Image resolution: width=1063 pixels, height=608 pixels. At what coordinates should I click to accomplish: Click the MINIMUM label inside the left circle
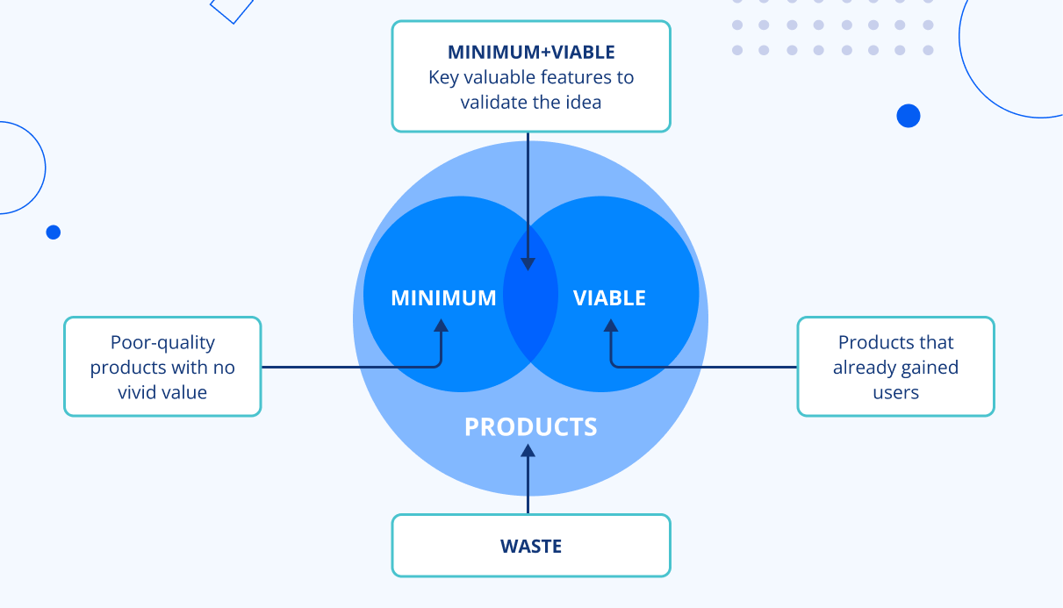[443, 298]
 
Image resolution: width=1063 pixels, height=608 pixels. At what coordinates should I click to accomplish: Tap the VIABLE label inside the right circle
[609, 298]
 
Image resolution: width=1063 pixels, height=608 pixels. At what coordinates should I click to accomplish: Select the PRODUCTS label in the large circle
[530, 427]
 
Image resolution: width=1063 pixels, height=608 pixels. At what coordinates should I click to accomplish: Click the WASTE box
[531, 546]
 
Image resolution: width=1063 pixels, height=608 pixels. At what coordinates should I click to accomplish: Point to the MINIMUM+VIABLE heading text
[531, 53]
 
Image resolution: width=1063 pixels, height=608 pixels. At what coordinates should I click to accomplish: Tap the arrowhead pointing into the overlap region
[528, 264]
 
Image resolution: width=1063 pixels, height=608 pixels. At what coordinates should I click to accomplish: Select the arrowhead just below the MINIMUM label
[441, 324]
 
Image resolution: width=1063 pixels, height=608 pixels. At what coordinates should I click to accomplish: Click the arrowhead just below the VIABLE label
[611, 324]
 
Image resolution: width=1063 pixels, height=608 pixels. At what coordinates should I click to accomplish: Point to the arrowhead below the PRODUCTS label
[528, 451]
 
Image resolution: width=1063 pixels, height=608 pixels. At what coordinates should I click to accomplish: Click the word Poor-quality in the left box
[162, 343]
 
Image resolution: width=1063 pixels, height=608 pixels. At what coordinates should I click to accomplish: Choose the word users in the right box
[895, 392]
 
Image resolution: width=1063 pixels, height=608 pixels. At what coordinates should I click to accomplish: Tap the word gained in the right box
[931, 368]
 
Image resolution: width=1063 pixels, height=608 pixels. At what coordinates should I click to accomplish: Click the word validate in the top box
[493, 103]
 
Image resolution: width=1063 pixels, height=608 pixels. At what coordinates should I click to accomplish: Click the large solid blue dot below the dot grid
[909, 116]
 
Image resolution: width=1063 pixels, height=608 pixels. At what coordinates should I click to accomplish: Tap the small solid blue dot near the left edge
[54, 232]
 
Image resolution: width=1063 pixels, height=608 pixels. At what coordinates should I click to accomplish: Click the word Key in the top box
[443, 77]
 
